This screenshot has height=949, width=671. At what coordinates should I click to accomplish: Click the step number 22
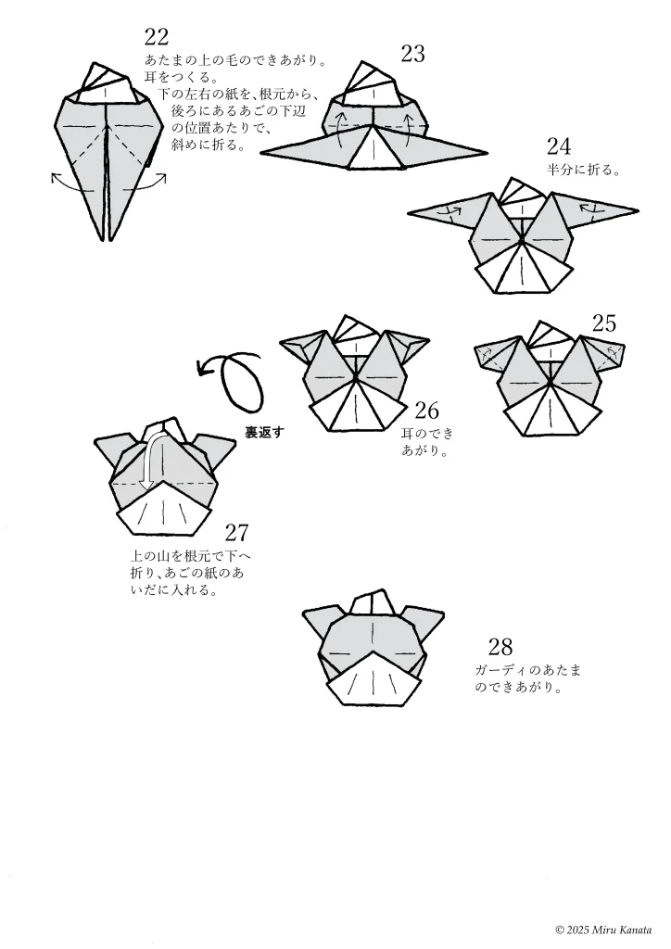(156, 37)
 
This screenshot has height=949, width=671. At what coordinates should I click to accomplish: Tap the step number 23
(412, 54)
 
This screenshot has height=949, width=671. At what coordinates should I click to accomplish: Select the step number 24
(559, 146)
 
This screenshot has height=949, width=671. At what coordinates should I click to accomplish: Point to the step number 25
(603, 323)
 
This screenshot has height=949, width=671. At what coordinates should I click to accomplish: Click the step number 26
(426, 411)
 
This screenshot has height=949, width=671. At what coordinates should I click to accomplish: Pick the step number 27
(236, 533)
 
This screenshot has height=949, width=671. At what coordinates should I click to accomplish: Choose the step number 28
(500, 647)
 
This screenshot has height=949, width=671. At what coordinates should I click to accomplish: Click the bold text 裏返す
(263, 433)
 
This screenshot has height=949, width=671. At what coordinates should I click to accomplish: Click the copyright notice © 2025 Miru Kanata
(603, 930)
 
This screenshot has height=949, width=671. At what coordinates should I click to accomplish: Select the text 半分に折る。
(584, 171)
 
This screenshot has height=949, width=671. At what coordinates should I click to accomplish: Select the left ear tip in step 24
(409, 212)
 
